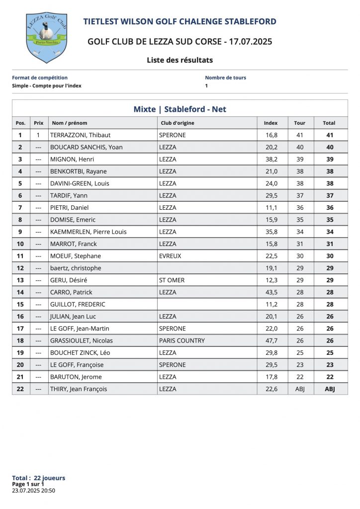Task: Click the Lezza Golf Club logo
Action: click(46, 38)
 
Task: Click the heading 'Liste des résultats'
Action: click(180, 60)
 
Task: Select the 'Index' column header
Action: click(270, 123)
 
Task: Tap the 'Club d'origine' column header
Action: click(178, 123)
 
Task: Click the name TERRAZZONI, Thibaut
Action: click(81, 135)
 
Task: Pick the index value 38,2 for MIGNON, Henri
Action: click(270, 159)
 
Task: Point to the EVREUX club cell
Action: click(170, 256)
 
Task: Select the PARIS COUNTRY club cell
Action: click(182, 340)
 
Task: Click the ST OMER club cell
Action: click(172, 280)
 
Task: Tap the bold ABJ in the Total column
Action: click(330, 389)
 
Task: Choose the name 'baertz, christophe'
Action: click(76, 268)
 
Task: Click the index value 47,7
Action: click(270, 340)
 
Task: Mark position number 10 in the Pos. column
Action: click(20, 244)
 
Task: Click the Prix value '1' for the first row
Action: click(38, 135)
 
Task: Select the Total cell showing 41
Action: click(330, 135)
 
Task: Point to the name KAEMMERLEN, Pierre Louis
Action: click(89, 232)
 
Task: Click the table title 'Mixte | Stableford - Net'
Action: click(180, 109)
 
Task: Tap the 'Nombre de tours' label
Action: click(225, 78)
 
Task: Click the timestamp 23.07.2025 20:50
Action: click(33, 491)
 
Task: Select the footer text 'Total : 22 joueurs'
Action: click(38, 478)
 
